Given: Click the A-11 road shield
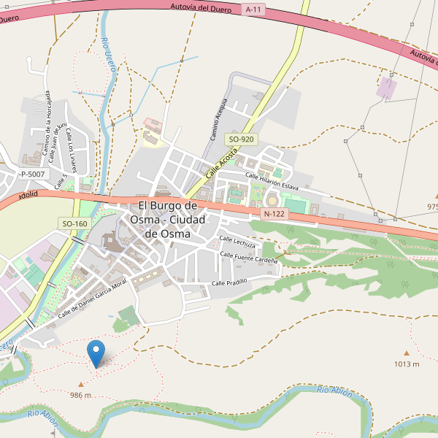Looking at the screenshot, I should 253,9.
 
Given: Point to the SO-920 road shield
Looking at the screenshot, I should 241,139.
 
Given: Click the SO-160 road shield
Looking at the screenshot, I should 74,223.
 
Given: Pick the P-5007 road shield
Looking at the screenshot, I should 31,174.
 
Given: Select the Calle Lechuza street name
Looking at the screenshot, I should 237,242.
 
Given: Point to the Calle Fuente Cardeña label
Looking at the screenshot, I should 249,258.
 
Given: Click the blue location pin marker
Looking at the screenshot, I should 96,353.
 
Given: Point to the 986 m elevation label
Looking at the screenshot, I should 80,395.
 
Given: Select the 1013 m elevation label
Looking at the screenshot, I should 407,364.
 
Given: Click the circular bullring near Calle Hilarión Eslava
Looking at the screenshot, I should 272,200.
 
